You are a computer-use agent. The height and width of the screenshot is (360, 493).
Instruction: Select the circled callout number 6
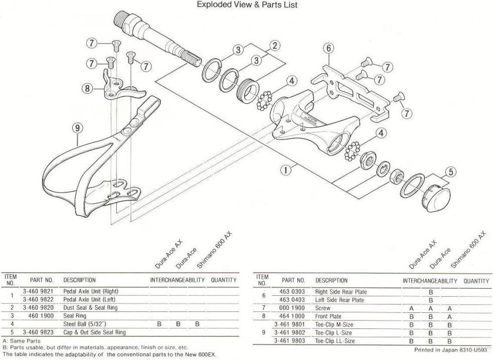[328, 49]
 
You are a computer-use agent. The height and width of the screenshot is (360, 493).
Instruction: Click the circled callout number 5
[450, 172]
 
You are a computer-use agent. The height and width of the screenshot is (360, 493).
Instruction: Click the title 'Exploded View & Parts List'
[247, 5]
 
